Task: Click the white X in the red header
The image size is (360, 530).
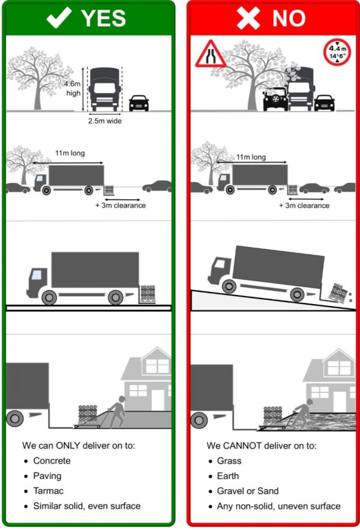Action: pyautogui.click(x=247, y=18)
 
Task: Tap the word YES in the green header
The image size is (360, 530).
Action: pyautogui.click(x=103, y=19)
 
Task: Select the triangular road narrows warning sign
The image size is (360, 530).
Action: pyautogui.click(x=210, y=55)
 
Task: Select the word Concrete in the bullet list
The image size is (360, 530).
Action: pyautogui.click(x=52, y=461)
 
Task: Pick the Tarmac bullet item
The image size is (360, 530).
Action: pyautogui.click(x=48, y=491)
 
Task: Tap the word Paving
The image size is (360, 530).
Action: pyautogui.click(x=47, y=476)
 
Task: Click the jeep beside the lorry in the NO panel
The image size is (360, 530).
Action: pyautogui.click(x=275, y=98)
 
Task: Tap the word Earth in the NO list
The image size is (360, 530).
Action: pyautogui.click(x=228, y=476)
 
